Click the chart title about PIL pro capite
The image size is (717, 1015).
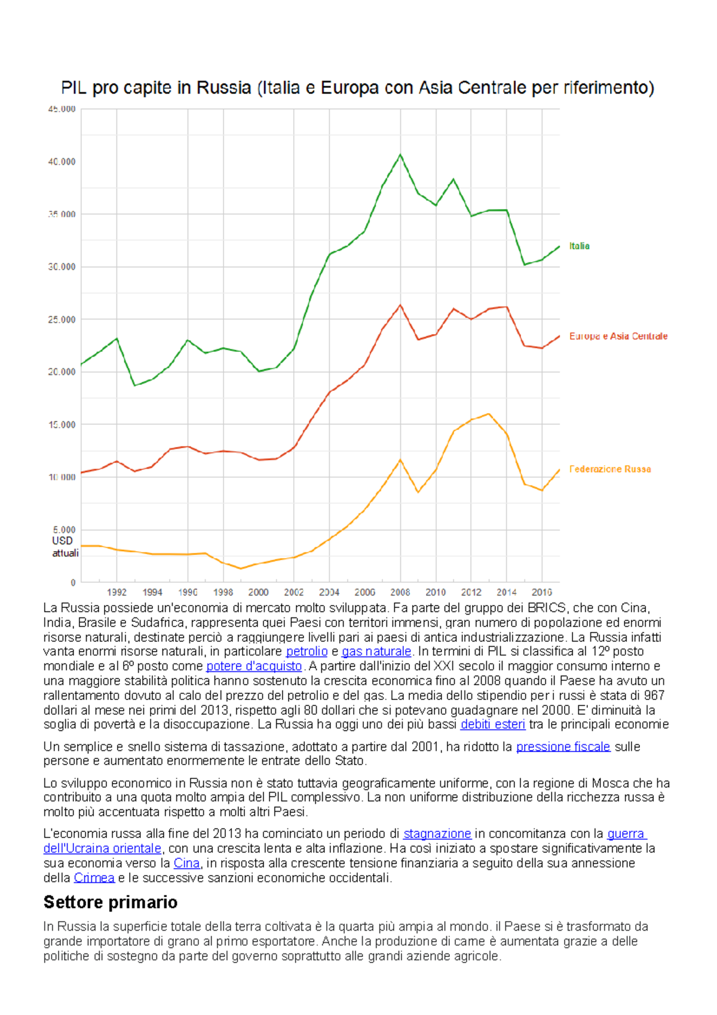[357, 88]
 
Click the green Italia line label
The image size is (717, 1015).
[579, 246]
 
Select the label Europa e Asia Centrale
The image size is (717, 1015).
[618, 336]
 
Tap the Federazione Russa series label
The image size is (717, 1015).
[609, 469]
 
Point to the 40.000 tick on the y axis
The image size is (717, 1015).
[62, 161]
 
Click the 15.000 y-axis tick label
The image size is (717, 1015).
[62, 424]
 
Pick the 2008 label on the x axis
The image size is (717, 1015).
[400, 592]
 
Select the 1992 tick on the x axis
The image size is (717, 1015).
[117, 592]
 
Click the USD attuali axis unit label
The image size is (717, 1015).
[65, 546]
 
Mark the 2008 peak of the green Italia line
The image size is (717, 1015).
[400, 155]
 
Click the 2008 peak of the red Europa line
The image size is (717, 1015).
[400, 305]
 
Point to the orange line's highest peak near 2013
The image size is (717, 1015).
[489, 414]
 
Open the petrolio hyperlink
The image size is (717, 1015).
[307, 652]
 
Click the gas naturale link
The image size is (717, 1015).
[376, 652]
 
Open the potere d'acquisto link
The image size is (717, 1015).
[254, 666]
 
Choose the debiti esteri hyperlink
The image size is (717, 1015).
[492, 724]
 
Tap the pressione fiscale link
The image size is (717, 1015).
[563, 747]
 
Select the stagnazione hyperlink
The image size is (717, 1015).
[437, 834]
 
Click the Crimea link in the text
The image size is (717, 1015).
[94, 878]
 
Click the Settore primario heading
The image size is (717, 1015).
[111, 902]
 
